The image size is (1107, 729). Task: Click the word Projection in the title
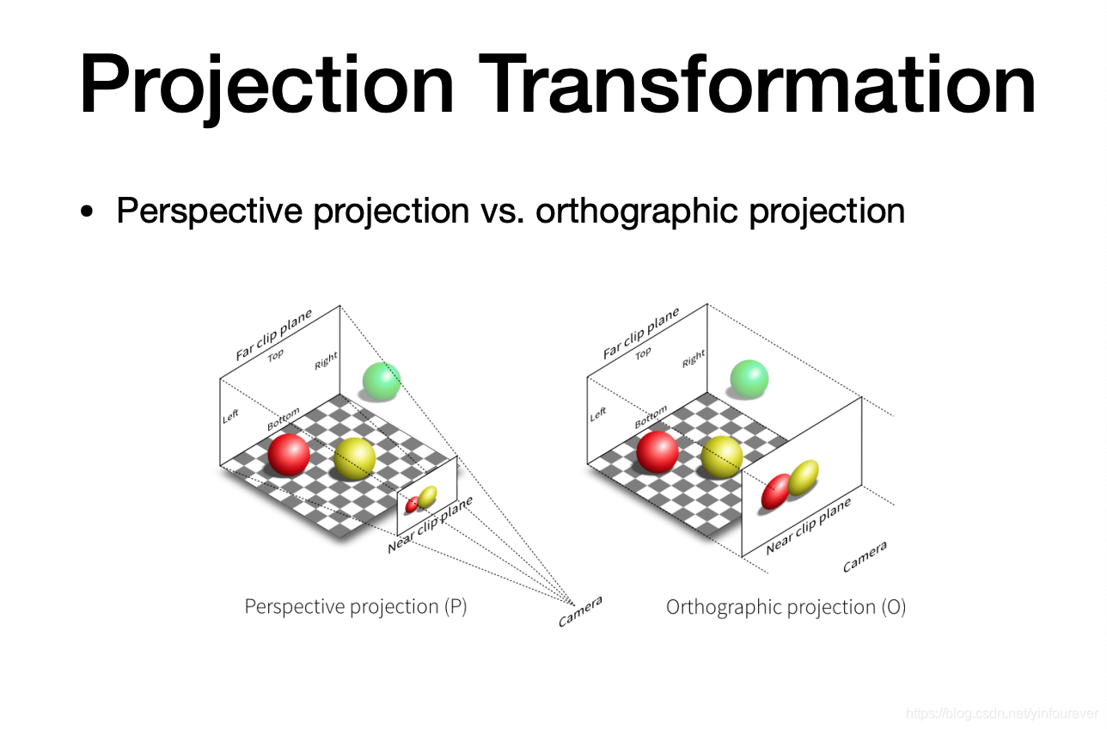266,87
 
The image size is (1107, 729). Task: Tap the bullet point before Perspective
87,211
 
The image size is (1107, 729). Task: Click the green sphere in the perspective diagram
382,382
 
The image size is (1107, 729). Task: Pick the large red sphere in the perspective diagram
289,455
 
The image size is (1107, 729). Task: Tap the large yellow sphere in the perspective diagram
354,459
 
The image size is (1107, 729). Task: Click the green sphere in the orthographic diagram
749,379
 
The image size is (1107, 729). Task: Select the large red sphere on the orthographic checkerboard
657,452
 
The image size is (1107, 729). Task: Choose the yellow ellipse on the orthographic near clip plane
803,478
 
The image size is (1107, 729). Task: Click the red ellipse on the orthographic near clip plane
776,492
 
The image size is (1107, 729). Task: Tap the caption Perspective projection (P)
356,607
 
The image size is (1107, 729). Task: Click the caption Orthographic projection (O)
786,608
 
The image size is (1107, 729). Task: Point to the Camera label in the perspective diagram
580,611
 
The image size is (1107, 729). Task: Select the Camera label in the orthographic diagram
865,556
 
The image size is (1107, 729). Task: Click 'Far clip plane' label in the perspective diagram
274,334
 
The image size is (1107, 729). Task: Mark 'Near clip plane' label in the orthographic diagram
809,526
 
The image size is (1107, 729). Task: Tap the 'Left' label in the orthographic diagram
598,414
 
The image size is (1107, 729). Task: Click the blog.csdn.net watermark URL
1002,714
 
